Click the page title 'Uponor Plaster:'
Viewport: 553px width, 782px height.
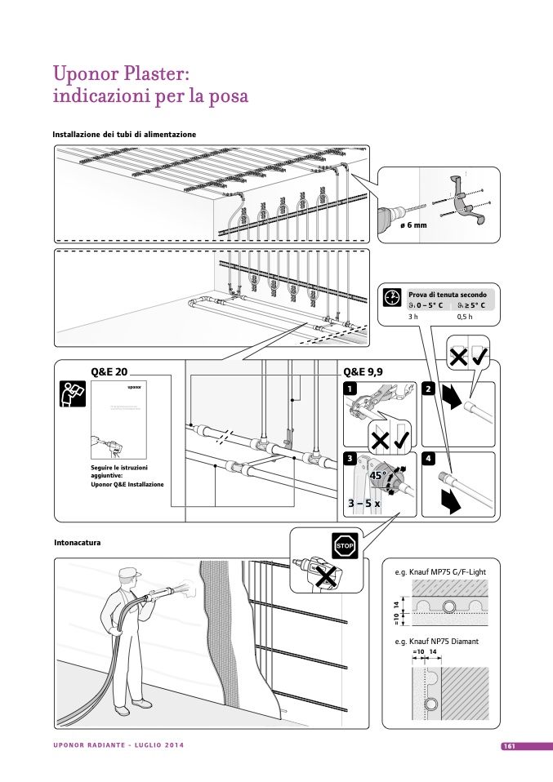click(x=121, y=74)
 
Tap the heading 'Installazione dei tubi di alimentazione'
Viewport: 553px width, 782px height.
click(x=124, y=134)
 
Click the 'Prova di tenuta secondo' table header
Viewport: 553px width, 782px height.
click(x=448, y=294)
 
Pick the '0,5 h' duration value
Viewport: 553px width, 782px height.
click(x=465, y=317)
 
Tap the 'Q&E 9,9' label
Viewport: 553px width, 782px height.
click(x=363, y=371)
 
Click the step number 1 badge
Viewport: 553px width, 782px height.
click(x=350, y=389)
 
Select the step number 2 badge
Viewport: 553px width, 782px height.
click(x=428, y=389)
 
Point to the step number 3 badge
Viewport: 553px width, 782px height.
click(x=350, y=459)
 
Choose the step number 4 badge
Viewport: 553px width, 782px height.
click(x=428, y=459)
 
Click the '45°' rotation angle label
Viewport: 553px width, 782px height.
click(x=377, y=474)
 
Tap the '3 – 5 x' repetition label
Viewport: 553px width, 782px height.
click(x=363, y=504)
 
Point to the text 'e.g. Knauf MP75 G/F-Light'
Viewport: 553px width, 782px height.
click(x=439, y=572)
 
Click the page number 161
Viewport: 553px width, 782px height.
click(x=508, y=746)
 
